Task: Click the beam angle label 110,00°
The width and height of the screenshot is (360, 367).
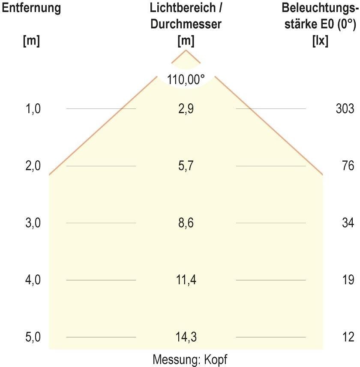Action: point(186,80)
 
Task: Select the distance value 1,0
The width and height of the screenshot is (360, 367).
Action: point(33,109)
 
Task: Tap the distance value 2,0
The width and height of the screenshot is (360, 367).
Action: point(33,166)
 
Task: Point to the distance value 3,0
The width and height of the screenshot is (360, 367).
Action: point(33,223)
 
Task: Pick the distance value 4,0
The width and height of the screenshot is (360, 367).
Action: point(33,280)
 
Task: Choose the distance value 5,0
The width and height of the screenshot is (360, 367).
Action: point(33,337)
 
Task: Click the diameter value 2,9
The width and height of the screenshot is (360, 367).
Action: point(186,109)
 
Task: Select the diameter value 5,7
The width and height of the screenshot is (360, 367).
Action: point(186,166)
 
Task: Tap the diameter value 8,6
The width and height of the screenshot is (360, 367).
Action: point(186,223)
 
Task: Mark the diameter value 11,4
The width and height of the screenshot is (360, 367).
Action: point(186,280)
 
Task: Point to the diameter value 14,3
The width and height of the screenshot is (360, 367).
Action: point(186,337)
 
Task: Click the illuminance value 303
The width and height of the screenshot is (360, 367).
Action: point(345,109)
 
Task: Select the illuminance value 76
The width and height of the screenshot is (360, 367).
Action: point(348,166)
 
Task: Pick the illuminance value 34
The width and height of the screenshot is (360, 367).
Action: point(348,223)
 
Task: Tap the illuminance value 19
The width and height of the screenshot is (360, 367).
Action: point(348,280)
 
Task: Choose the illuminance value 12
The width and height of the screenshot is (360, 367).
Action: point(348,337)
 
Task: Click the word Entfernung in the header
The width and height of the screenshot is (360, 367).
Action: point(31,8)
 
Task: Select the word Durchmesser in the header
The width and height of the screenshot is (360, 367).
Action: point(186,24)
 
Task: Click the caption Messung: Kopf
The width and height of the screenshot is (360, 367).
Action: point(190,359)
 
